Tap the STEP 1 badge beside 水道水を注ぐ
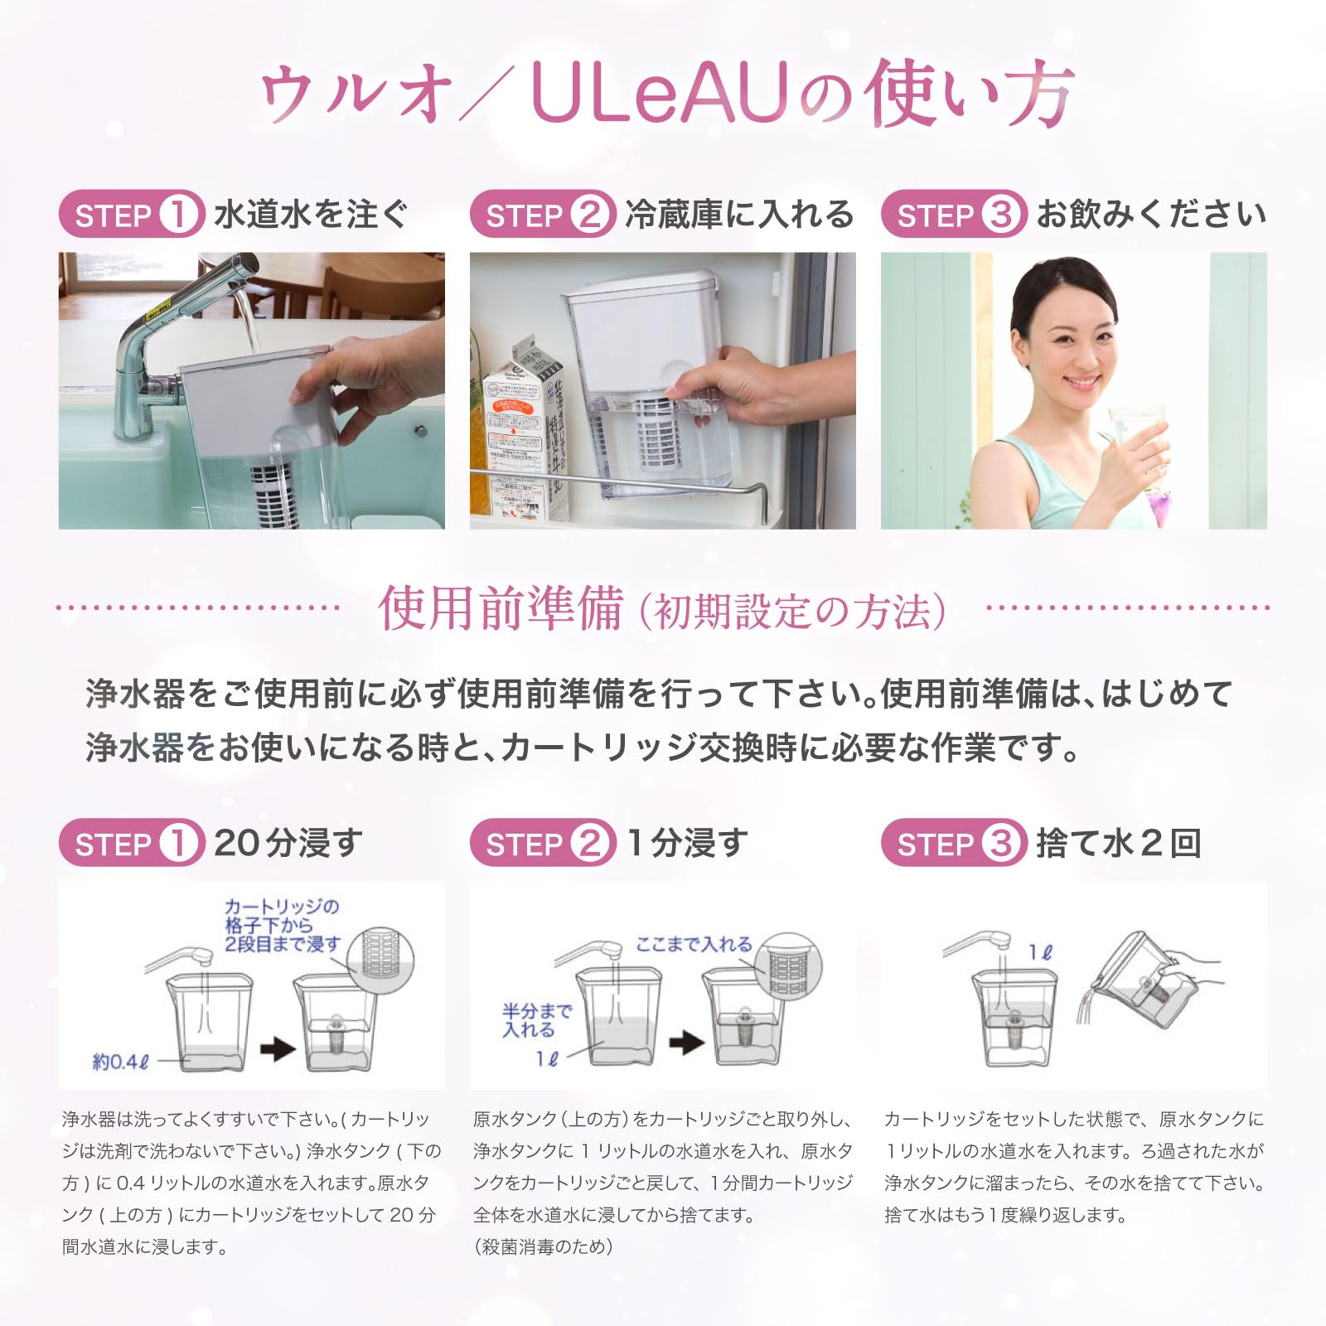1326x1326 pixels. point(131,215)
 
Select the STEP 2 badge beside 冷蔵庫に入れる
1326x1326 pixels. point(542,215)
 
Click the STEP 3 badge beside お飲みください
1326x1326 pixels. point(953,215)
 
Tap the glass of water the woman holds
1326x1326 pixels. point(1137,452)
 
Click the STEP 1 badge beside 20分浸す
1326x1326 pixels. point(131,844)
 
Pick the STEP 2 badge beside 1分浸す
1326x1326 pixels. point(542,844)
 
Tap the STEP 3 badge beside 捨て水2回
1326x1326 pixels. point(953,844)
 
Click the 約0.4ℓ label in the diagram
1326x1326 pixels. point(120,1062)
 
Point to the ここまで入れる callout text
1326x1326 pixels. point(694,944)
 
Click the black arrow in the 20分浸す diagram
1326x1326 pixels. point(278,1049)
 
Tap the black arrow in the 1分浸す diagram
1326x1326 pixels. point(687,1042)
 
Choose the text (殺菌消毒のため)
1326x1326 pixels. point(543,1246)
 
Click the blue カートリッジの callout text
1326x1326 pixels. point(282,907)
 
